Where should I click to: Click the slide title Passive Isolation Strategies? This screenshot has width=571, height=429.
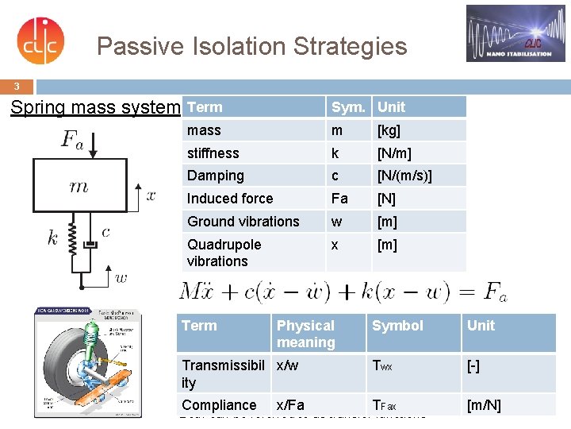tap(251, 46)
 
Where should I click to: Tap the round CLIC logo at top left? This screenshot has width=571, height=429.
tap(40, 41)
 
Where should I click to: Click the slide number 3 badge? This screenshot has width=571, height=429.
tap(17, 86)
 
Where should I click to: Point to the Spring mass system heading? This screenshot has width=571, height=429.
tap(95, 107)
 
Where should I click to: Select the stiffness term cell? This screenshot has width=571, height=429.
tap(213, 153)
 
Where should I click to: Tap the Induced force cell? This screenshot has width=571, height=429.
tap(230, 199)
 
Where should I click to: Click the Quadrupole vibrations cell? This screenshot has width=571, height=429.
tap(224, 253)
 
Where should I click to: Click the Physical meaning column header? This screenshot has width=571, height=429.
tap(305, 334)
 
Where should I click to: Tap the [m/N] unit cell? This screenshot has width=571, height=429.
tap(484, 405)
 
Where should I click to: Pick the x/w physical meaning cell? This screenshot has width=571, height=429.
tap(288, 365)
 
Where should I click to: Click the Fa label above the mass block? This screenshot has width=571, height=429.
tap(72, 140)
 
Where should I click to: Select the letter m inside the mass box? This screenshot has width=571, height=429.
tap(79, 187)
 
